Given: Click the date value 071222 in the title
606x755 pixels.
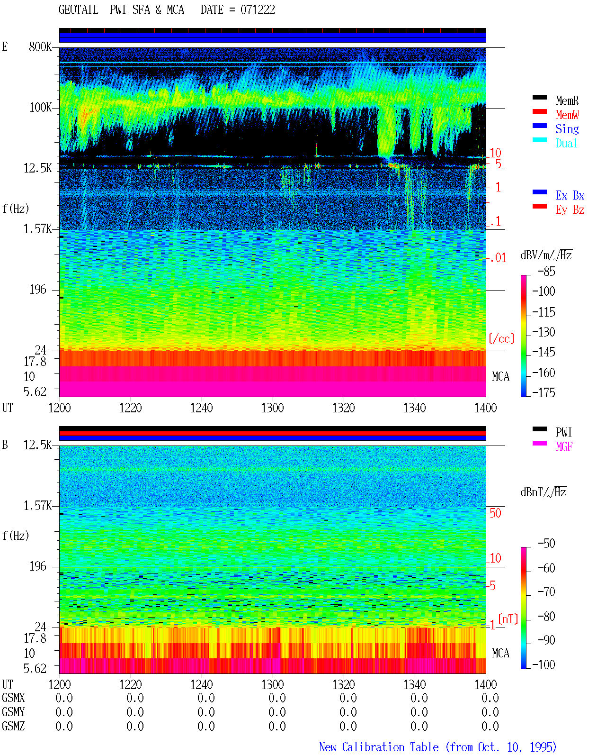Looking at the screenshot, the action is pos(258,10).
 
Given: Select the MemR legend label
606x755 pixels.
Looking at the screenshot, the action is pos(567,100).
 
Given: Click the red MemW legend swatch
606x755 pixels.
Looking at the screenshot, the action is pos(539,111).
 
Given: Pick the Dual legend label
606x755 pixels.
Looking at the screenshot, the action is pos(567,143).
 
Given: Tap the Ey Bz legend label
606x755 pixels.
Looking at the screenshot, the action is pos(570,209).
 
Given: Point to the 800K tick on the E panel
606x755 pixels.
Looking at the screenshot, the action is pos(40,46).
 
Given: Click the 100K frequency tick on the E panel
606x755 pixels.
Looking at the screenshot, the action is pos(40,108).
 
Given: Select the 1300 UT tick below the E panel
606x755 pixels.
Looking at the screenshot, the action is pos(272,408).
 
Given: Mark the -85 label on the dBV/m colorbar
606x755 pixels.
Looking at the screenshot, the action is pos(546,271).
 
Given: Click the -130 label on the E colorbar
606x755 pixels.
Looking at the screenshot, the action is pos(544,332).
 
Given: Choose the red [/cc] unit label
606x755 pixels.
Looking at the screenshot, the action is pos(501,338).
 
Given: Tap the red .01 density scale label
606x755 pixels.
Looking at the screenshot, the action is pos(497,258).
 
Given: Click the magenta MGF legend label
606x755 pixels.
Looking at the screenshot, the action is pos(564,446).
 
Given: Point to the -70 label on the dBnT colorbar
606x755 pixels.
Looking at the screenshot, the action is pos(546,592).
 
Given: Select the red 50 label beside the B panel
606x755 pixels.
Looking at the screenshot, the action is pos(495,513).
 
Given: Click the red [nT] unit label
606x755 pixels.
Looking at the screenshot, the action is pos(508,619).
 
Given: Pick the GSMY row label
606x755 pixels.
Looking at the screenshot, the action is pos(13,712).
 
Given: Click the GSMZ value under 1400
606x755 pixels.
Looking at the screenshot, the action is pos(490,726).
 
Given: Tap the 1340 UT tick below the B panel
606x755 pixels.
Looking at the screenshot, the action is pos(415,684).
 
